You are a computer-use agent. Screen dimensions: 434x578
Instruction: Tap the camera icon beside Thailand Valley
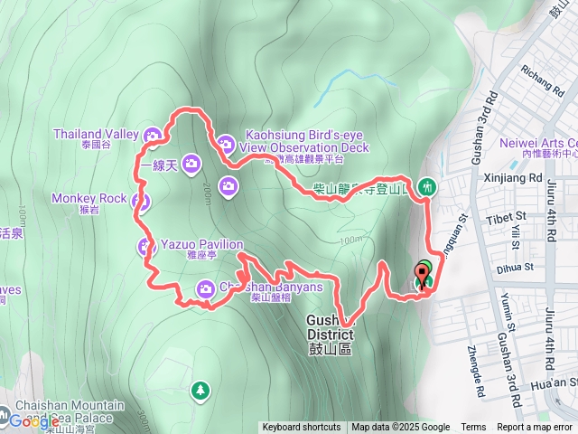[x=153, y=136]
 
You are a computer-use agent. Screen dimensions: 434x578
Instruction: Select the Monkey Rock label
[x=89, y=198]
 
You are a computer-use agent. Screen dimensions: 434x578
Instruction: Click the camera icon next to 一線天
[x=191, y=163]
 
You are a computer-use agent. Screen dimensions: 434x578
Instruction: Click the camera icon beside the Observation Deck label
[x=226, y=142]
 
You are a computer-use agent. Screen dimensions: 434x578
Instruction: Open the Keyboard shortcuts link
[x=302, y=428]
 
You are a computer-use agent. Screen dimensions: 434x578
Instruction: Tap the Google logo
[x=33, y=421]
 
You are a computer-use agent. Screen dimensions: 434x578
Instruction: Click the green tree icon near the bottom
[x=200, y=391]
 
